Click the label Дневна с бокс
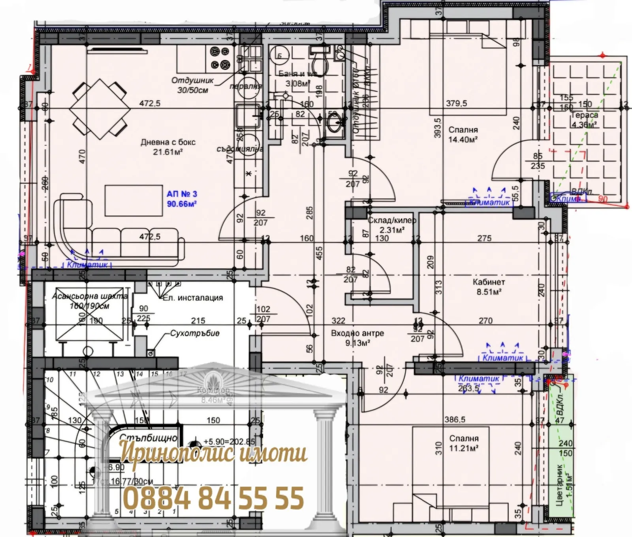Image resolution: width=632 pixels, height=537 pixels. (168, 142)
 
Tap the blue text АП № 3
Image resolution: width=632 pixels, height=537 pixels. (182, 194)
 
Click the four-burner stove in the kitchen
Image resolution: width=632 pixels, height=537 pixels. (220, 58)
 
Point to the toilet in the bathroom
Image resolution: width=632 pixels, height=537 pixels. (319, 63)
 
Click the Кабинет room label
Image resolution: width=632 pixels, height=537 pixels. (489, 282)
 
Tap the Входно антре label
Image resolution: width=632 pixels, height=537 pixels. (357, 333)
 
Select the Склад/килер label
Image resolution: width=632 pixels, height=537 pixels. (392, 221)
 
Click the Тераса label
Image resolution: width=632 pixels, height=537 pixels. (585, 115)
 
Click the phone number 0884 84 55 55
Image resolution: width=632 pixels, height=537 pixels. (214, 498)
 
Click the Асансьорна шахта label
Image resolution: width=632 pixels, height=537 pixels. (90, 296)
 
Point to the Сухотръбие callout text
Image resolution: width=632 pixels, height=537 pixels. (195, 333)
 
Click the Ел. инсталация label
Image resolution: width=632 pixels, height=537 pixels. (193, 298)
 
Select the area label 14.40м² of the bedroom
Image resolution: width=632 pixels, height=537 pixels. (463, 140)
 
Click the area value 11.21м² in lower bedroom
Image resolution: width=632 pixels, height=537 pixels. (464, 448)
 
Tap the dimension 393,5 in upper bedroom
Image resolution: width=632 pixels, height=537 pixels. (438, 128)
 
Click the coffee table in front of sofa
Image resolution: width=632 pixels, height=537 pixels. (134, 200)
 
